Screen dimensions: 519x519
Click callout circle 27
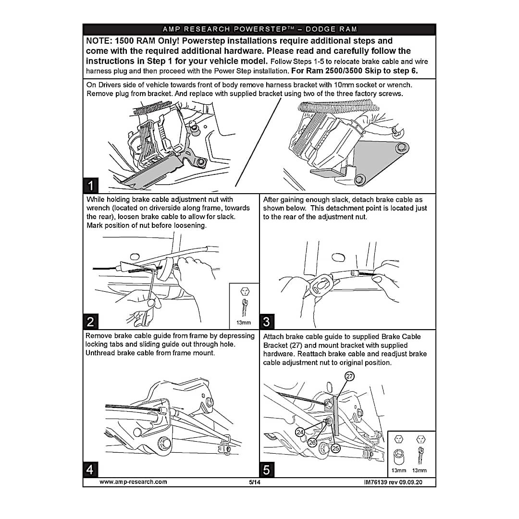click(350, 376)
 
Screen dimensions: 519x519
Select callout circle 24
click(300, 432)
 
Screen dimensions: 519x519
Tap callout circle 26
click(312, 442)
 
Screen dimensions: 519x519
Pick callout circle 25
click(335, 448)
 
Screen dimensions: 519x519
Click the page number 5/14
click(254, 482)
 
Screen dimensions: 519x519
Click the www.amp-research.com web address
click(133, 482)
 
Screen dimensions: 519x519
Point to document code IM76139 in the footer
click(379, 482)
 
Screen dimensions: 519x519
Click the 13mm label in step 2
click(244, 322)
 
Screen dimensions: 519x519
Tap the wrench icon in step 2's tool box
click(244, 306)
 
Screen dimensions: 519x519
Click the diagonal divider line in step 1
click(257, 144)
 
